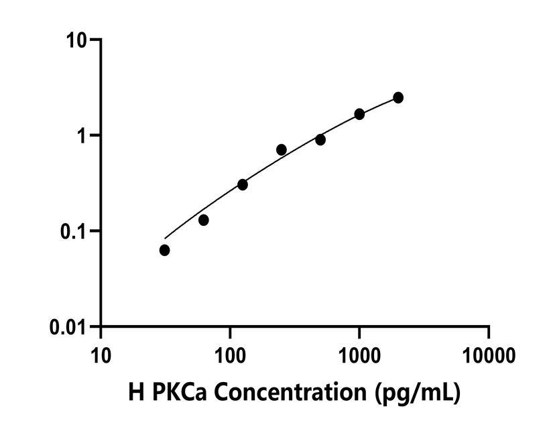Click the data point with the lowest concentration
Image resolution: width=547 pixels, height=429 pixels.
click(164, 250)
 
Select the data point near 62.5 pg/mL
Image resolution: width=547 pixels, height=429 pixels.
click(204, 220)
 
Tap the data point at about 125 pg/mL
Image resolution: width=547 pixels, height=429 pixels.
click(243, 184)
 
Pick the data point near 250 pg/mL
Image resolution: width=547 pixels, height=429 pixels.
click(282, 149)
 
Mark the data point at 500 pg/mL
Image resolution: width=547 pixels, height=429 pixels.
click(320, 139)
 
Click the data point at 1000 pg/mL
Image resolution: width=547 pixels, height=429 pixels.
click(359, 114)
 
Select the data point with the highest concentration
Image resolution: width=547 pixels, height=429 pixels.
click(398, 98)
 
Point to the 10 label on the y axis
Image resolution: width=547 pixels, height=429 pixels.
click(79, 40)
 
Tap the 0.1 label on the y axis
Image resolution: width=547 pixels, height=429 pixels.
click(76, 231)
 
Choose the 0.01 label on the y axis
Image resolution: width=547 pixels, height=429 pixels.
click(72, 327)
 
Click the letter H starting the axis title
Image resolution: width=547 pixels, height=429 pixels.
click(135, 393)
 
